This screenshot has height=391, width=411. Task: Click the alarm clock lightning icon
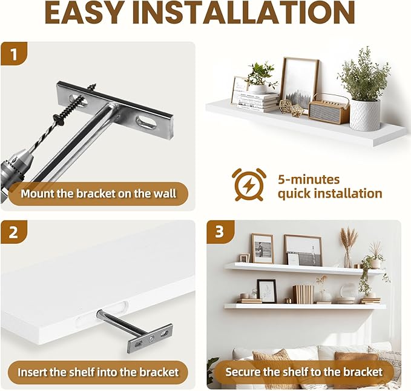(x=249, y=184)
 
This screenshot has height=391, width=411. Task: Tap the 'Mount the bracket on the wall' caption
(x=98, y=194)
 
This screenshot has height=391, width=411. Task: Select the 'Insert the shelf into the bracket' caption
(x=98, y=372)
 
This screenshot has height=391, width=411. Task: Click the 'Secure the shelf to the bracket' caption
(x=304, y=372)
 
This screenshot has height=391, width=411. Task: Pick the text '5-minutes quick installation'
(x=329, y=186)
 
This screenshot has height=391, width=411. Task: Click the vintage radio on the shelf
(x=329, y=110)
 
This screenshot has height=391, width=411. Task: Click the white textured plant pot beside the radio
(x=364, y=115)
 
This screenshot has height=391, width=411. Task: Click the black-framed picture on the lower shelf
(x=266, y=290)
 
